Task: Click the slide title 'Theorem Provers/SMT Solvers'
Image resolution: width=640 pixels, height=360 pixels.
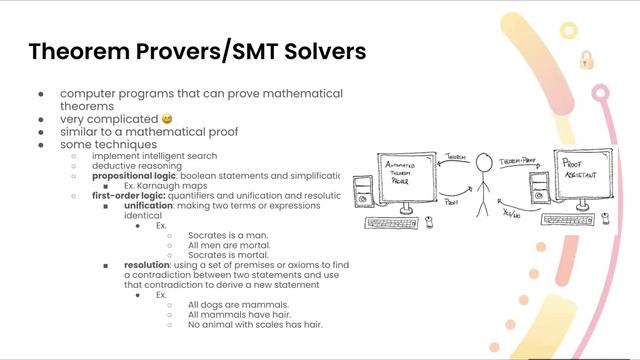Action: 197,50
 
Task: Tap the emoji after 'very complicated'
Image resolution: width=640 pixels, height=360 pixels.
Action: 166,119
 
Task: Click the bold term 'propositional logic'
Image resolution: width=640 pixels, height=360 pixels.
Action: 134,176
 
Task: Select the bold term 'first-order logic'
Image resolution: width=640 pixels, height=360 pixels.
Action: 126,196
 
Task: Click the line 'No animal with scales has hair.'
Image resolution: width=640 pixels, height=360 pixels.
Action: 255,324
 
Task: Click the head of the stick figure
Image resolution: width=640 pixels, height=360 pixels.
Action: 484,160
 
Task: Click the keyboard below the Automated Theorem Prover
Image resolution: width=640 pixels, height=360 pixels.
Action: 395,222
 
